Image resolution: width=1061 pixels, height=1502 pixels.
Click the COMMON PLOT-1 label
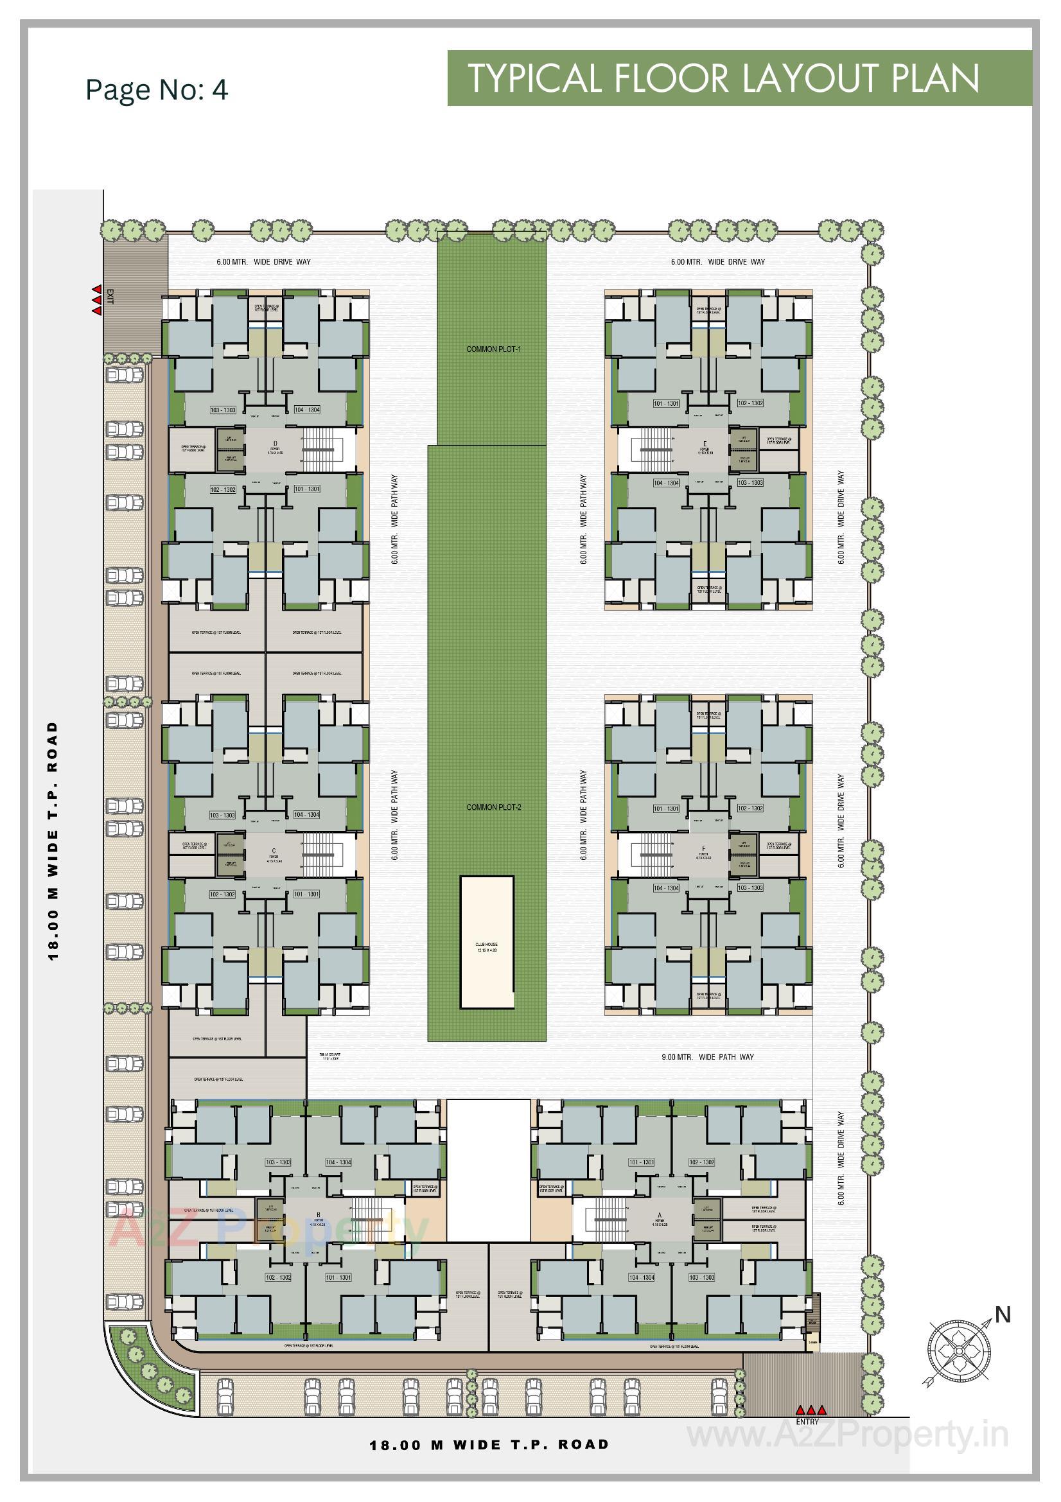click(493, 349)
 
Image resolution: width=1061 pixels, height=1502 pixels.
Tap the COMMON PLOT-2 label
click(493, 807)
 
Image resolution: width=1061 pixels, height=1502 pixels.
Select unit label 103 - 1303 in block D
click(222, 410)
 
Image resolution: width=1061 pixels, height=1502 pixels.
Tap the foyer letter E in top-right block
click(705, 444)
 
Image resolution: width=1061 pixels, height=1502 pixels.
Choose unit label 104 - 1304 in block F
click(666, 888)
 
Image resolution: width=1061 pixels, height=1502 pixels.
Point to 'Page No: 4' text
click(157, 90)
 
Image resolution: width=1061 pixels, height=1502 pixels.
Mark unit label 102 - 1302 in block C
click(222, 894)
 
